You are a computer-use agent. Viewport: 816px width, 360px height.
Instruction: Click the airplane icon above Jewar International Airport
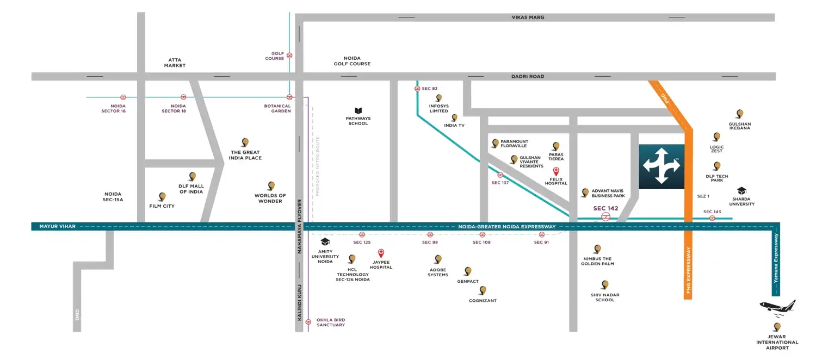tap(777, 309)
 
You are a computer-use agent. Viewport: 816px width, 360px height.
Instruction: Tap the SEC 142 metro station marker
tap(605, 217)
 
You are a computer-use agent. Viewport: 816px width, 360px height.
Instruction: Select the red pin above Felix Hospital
tap(556, 171)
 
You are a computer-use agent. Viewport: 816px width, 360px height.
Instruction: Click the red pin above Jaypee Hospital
tap(381, 253)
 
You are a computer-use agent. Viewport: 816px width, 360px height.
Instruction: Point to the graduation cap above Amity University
tap(325, 242)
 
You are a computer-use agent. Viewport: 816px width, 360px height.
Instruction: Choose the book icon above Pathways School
tap(358, 110)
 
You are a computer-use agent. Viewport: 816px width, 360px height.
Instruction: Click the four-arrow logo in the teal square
tap(661, 166)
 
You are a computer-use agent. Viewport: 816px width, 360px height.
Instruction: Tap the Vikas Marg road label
tap(528, 17)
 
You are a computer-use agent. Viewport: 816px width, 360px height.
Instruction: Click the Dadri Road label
tap(527, 77)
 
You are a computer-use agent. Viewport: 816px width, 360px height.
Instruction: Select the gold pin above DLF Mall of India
tap(192, 176)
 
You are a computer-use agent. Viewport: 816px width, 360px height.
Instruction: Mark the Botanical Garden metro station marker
tap(289, 97)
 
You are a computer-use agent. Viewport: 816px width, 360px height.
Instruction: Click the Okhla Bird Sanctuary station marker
tap(308, 322)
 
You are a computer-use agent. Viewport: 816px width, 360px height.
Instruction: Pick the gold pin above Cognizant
tap(482, 290)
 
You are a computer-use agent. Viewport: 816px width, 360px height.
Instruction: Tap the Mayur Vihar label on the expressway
tap(58, 226)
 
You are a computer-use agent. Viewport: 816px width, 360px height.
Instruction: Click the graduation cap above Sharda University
tap(741, 191)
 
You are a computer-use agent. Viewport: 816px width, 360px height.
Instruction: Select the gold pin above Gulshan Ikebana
tap(739, 114)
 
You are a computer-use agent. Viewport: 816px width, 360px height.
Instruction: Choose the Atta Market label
tap(175, 63)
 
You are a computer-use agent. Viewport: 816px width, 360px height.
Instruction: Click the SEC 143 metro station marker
tap(712, 218)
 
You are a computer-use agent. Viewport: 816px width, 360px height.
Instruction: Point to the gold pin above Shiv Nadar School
tap(604, 284)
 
